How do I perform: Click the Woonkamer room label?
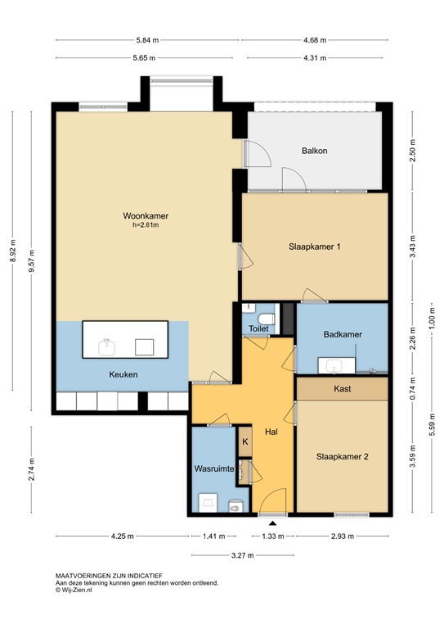pyautogui.click(x=139, y=216)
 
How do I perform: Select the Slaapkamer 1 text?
pyautogui.click(x=314, y=247)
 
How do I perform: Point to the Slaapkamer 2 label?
pyautogui.click(x=342, y=457)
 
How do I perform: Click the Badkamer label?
pyautogui.click(x=342, y=334)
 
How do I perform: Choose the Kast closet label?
pyautogui.click(x=342, y=389)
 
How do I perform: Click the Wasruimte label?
pyautogui.click(x=215, y=469)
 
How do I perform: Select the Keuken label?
pyautogui.click(x=123, y=374)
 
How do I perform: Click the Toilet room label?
pyautogui.click(x=258, y=328)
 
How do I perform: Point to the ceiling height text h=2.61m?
pyautogui.click(x=139, y=226)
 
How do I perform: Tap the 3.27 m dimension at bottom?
pyautogui.click(x=244, y=555)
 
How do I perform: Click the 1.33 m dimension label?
pyautogui.click(x=273, y=536)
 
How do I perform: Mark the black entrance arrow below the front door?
pyautogui.click(x=272, y=522)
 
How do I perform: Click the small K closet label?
pyautogui.click(x=244, y=441)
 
